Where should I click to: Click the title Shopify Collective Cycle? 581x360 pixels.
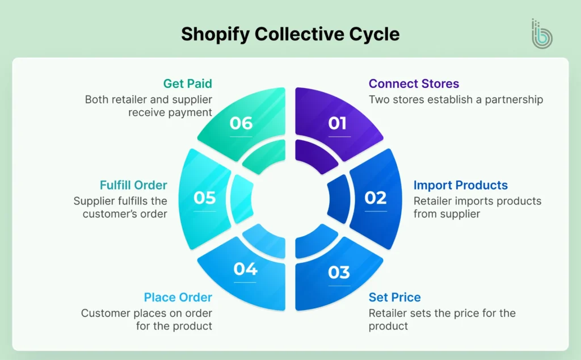290,34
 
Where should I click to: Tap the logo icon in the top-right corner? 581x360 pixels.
541,34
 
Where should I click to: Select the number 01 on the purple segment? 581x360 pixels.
338,123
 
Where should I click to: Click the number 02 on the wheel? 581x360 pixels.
375,198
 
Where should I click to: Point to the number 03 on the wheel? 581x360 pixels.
339,272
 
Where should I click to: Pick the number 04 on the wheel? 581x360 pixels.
245,269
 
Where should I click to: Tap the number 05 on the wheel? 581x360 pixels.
205,198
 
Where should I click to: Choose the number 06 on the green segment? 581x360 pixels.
241,123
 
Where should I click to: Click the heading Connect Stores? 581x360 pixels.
414,84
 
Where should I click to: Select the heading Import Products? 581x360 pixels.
460,185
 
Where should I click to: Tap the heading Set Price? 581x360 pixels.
394,297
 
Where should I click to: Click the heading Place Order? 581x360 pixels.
178,297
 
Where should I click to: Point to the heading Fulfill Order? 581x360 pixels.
133,185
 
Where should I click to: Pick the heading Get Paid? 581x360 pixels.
188,84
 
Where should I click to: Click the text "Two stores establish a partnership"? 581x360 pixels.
456,99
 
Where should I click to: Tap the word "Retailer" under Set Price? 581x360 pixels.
388,313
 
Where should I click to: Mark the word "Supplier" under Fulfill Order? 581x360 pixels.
93,201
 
